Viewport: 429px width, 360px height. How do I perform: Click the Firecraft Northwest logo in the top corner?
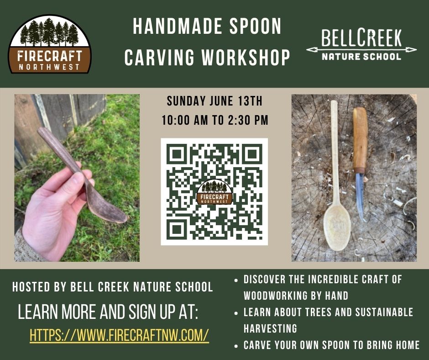(50, 44)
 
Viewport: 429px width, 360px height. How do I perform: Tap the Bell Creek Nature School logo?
(361, 44)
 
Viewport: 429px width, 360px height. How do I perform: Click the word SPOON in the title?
(255, 26)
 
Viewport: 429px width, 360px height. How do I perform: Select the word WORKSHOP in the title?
(246, 57)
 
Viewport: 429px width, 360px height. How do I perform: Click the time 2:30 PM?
(248, 120)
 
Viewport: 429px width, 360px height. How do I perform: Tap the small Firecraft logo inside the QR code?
(214, 192)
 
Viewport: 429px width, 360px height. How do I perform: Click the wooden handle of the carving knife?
(360, 140)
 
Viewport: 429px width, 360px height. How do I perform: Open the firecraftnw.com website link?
(119, 335)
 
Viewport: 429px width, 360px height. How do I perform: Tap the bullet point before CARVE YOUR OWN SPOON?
(236, 346)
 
